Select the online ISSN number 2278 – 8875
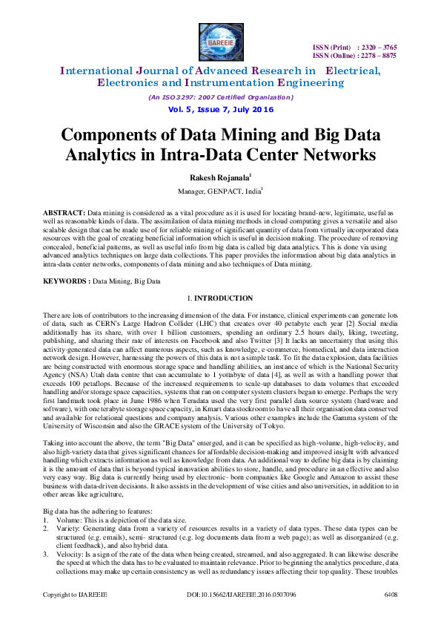pyautogui.click(x=377, y=55)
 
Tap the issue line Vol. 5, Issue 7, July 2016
pyautogui.click(x=220, y=110)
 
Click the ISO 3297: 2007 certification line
pyautogui.click(x=220, y=97)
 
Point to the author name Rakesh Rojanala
pyautogui.click(x=219, y=177)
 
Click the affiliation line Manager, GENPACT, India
pyautogui.click(x=220, y=192)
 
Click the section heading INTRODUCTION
pyautogui.click(x=224, y=298)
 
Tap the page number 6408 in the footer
pyautogui.click(x=391, y=615)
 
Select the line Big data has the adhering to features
pyautogui.click(x=99, y=512)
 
